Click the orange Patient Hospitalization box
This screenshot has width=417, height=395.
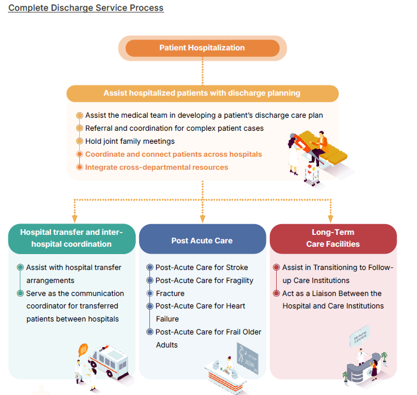(x=202, y=48)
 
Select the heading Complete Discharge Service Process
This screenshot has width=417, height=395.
(x=86, y=8)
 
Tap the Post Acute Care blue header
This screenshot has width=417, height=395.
(x=202, y=241)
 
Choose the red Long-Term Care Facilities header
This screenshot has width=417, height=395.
(x=333, y=238)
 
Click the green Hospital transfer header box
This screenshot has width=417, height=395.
(x=71, y=238)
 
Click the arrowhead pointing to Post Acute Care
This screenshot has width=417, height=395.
(x=202, y=218)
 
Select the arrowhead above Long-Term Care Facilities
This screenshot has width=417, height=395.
(x=330, y=218)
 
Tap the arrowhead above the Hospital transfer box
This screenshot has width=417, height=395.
(x=74, y=218)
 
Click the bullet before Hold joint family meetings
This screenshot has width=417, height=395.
(x=80, y=141)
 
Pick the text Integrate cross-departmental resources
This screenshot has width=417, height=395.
(x=157, y=168)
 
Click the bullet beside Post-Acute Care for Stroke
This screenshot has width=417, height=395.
(x=150, y=268)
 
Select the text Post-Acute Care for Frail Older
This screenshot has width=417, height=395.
(x=208, y=332)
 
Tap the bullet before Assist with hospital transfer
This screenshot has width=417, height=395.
(x=21, y=268)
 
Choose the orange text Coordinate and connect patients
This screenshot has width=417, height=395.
(x=173, y=154)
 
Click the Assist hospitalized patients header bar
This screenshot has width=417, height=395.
(x=202, y=93)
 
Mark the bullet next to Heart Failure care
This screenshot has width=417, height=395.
(x=150, y=306)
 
